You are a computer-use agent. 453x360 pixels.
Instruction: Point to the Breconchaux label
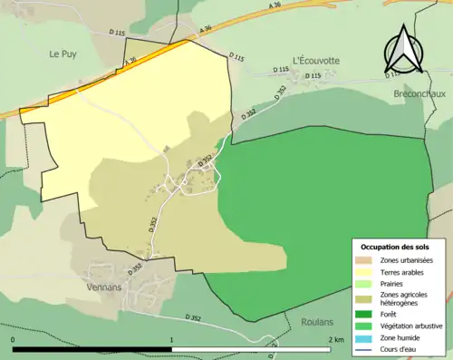pos(419,93)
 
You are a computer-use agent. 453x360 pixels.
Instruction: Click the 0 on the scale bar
pos(14,340)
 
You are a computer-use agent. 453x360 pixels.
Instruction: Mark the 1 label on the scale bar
pos(172,340)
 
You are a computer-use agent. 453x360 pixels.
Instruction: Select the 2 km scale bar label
pos(335,340)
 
